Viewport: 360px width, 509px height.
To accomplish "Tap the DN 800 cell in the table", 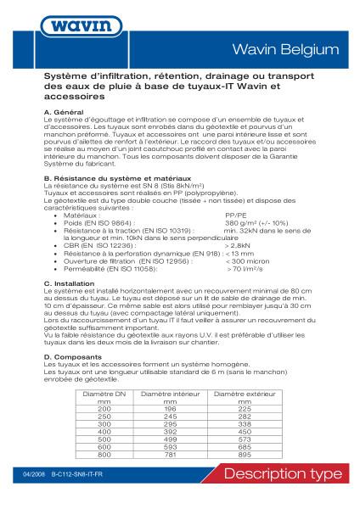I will tap(104, 454).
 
